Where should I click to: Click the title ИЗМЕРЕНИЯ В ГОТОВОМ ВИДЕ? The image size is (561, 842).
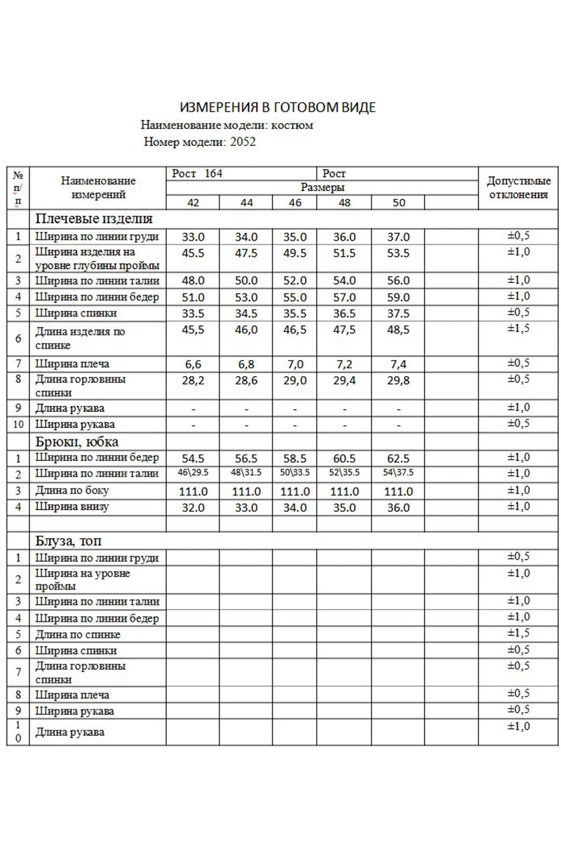tap(278, 107)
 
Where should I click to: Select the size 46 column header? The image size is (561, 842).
tap(295, 203)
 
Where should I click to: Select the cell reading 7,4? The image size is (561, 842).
tap(398, 363)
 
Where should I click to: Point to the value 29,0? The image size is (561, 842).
tap(295, 380)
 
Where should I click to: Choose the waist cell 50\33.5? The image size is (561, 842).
tap(295, 473)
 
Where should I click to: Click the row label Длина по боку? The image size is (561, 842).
tap(72, 490)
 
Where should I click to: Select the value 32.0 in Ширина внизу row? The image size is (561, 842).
tap(192, 507)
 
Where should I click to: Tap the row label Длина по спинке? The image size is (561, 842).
tap(78, 634)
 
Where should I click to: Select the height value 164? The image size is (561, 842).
tap(209, 173)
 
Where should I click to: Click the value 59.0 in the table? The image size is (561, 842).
tap(398, 296)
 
